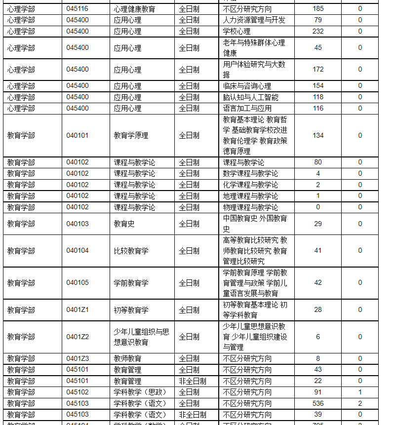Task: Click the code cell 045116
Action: coord(77,9)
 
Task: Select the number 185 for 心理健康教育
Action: coord(318,9)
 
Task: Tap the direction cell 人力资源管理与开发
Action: coord(254,20)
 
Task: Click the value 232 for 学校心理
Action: coord(318,31)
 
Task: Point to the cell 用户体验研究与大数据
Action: coord(254,70)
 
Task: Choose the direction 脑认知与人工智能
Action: coord(250,97)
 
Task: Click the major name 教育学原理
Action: coord(131,135)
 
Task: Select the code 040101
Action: coord(77,135)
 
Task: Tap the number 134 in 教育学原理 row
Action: coord(318,135)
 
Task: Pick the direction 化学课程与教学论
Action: coord(250,185)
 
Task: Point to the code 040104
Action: coord(77,251)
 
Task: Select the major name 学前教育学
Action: coord(131,283)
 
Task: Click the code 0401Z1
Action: coord(77,310)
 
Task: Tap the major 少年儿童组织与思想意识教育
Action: coord(141,337)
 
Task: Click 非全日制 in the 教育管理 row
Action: coord(193,381)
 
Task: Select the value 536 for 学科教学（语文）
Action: coord(318,403)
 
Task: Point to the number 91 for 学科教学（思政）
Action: coord(318,392)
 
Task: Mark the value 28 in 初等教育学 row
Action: coord(318,310)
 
